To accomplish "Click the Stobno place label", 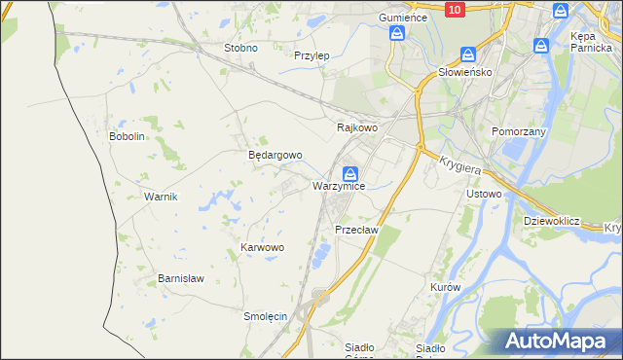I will (x=240, y=48).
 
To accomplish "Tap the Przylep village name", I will (x=311, y=55).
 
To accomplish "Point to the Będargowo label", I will (x=275, y=155).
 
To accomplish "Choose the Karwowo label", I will (x=262, y=248).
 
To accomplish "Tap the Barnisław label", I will (x=181, y=278).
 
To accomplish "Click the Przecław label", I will (x=355, y=230).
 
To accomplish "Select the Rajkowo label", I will (x=356, y=127).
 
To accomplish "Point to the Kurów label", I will (x=445, y=289).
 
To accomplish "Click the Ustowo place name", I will (x=484, y=194).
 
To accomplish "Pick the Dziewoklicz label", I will (x=551, y=221).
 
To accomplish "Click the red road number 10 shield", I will (x=455, y=9).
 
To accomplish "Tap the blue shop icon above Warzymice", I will (x=348, y=172).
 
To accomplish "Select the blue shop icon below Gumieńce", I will (x=397, y=33).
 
